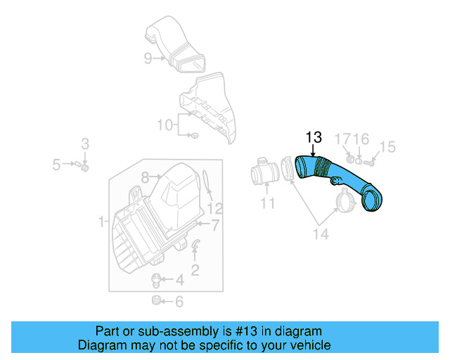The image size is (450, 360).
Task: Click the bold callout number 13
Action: click(x=313, y=137)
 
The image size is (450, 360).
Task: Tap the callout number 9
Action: click(x=148, y=58)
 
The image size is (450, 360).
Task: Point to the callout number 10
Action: click(x=164, y=125)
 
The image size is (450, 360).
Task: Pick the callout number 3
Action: click(x=85, y=144)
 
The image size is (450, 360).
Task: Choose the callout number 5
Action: click(x=56, y=165)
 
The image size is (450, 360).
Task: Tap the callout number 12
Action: click(x=214, y=209)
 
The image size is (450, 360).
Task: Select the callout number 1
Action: click(x=102, y=223)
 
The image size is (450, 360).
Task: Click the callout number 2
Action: click(x=195, y=269)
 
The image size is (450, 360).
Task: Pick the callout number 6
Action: click(x=179, y=302)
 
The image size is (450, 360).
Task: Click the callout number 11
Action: click(x=267, y=205)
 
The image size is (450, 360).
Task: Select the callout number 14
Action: click(x=320, y=234)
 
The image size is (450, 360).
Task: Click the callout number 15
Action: click(x=387, y=147)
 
